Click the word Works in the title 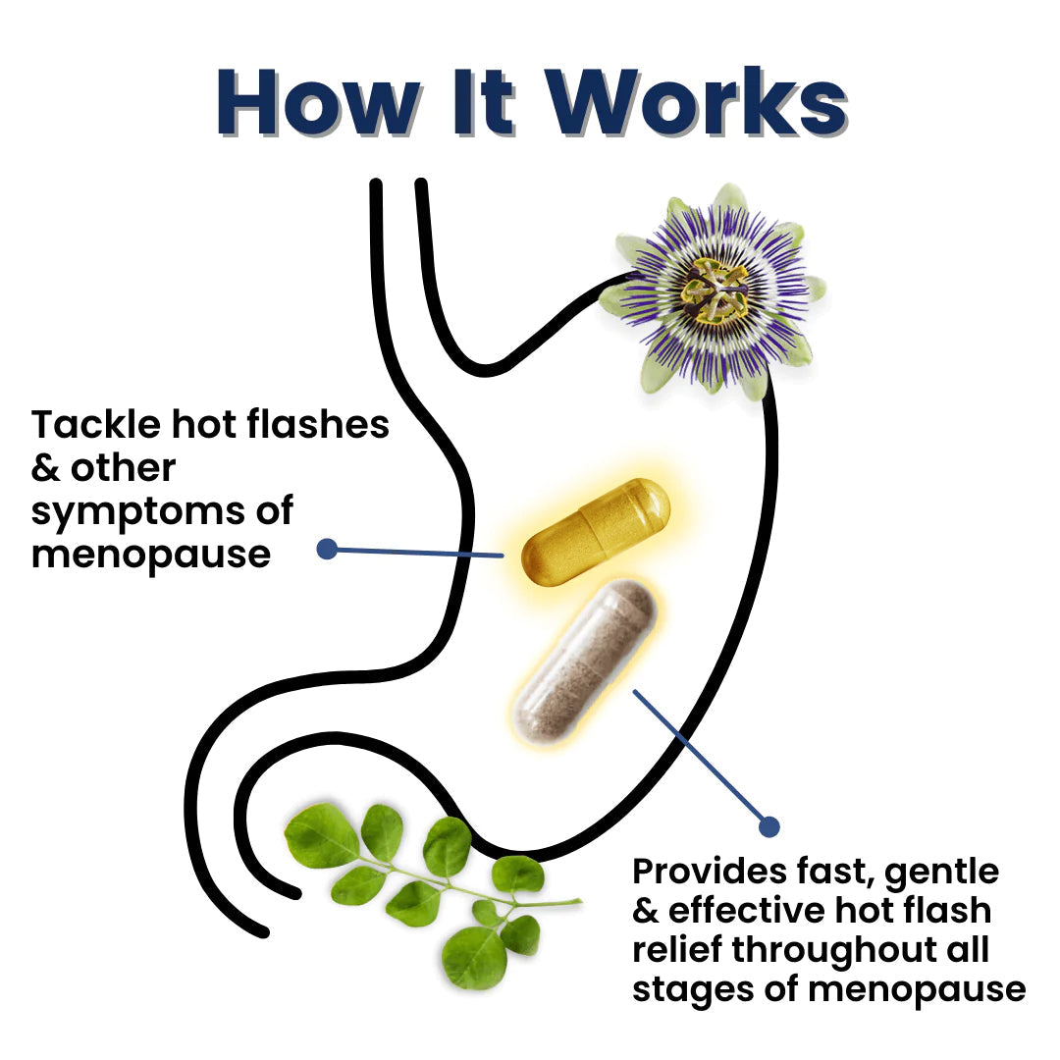coord(697,101)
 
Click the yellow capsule coord(596,532)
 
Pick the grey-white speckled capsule coord(584,662)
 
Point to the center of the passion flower coord(715,291)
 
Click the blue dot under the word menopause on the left coord(327,549)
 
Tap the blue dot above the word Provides coord(769,826)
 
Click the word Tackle coord(96,425)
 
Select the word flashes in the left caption coord(318,425)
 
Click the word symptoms coord(138,512)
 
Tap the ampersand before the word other coord(45,468)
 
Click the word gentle coord(941,874)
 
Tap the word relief coord(677,949)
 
